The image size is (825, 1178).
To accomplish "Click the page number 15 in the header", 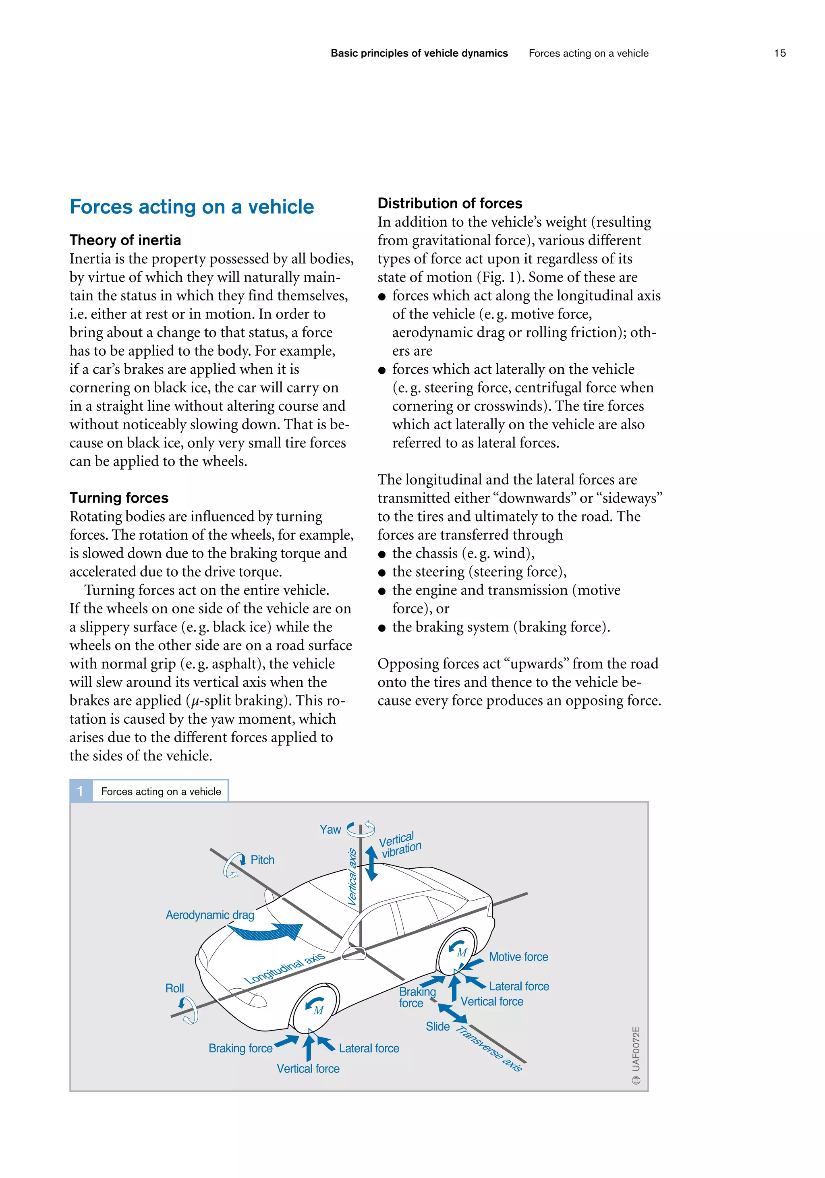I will pyautogui.click(x=779, y=53).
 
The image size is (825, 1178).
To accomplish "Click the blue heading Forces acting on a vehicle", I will pyautogui.click(x=191, y=207).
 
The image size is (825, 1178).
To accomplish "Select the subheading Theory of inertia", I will pyautogui.click(x=125, y=240).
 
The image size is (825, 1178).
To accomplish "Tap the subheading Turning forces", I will pyautogui.click(x=119, y=498).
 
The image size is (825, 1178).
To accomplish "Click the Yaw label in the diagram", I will pyautogui.click(x=330, y=830).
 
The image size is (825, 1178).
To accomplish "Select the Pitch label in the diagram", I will pyautogui.click(x=262, y=860).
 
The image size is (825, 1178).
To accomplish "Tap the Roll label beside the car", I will pyautogui.click(x=174, y=988).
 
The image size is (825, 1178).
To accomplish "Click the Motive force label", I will pyautogui.click(x=518, y=957).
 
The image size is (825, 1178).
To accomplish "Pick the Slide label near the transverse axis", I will pyautogui.click(x=437, y=1026).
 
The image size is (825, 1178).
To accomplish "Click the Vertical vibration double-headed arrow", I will pyautogui.click(x=371, y=863).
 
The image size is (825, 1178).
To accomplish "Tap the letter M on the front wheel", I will pyautogui.click(x=319, y=1010).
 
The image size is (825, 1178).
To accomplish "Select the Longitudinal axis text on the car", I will pyautogui.click(x=284, y=968).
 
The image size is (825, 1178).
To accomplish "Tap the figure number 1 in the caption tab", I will pyautogui.click(x=81, y=791).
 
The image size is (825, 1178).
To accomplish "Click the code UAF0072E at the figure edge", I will pyautogui.click(x=636, y=1049).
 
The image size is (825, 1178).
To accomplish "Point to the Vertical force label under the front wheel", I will pyautogui.click(x=308, y=1069).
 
